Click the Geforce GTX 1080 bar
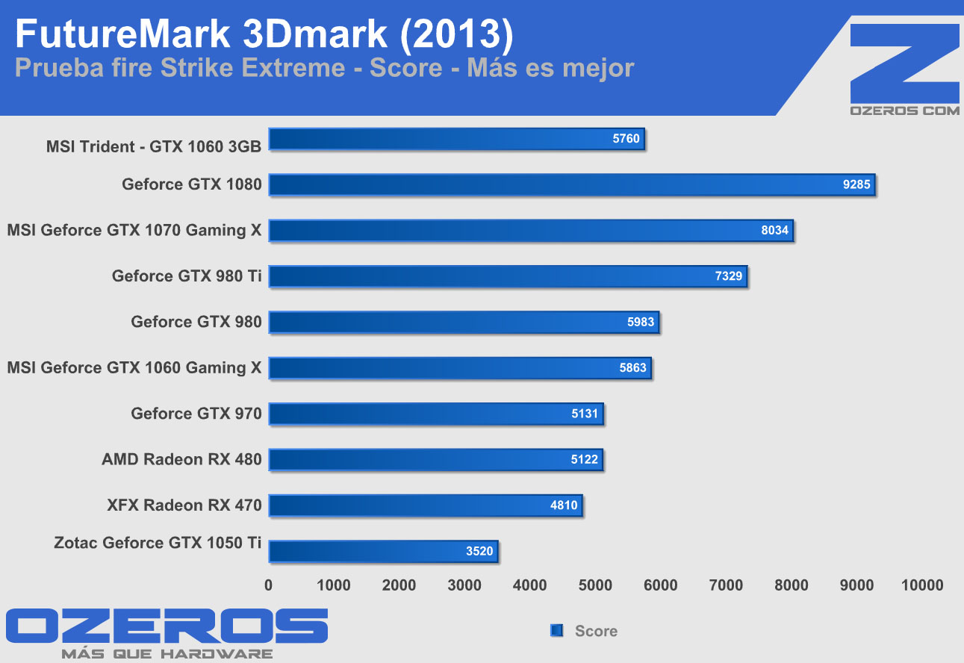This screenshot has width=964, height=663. (571, 184)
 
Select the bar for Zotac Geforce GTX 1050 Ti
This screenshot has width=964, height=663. (382, 552)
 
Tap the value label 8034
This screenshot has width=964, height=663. (774, 231)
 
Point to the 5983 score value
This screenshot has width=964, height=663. (640, 323)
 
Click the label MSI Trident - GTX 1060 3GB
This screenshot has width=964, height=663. (154, 146)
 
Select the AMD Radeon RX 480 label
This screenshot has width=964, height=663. (181, 459)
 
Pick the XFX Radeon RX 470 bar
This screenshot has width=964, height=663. (425, 505)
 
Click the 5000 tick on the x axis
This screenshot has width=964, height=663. (595, 585)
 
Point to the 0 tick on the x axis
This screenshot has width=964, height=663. (269, 585)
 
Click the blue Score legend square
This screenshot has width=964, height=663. (556, 631)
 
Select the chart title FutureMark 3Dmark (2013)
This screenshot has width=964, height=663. (263, 34)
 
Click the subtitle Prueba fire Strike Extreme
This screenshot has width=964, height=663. (179, 69)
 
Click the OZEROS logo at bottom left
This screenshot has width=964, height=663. (167, 626)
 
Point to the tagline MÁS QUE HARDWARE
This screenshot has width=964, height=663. (167, 654)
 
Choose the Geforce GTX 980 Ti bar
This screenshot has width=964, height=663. (508, 276)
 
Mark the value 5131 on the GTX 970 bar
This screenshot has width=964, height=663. (585, 414)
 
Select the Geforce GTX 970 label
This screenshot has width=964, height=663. (196, 414)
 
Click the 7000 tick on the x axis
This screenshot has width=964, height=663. (726, 585)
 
